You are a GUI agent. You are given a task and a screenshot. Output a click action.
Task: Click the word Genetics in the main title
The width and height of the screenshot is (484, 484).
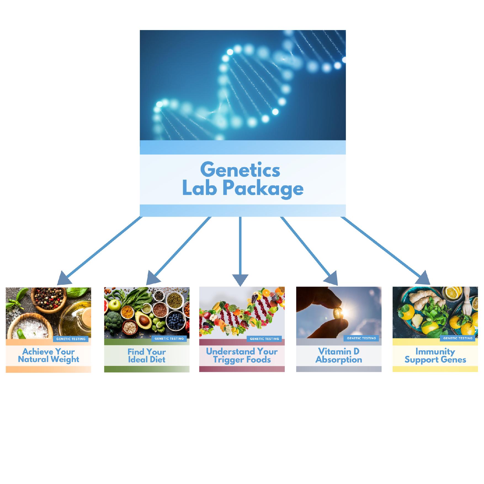[240, 170]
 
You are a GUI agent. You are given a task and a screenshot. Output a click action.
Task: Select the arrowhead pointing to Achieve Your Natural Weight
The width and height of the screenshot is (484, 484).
[64, 278]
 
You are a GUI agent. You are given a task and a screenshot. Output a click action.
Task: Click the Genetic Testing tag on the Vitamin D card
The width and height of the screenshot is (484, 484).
[361, 338]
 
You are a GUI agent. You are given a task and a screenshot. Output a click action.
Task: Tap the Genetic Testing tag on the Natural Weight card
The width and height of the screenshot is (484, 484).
[71, 339]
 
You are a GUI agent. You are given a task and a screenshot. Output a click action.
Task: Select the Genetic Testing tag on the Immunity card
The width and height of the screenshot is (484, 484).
[458, 338]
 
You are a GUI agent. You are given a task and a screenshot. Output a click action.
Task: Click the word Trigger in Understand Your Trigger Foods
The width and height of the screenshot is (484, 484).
[226, 360]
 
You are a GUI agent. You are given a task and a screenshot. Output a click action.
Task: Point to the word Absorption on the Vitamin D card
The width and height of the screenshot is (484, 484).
[339, 360]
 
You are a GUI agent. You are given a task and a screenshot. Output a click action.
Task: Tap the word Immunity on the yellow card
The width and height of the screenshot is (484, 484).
[435, 352]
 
